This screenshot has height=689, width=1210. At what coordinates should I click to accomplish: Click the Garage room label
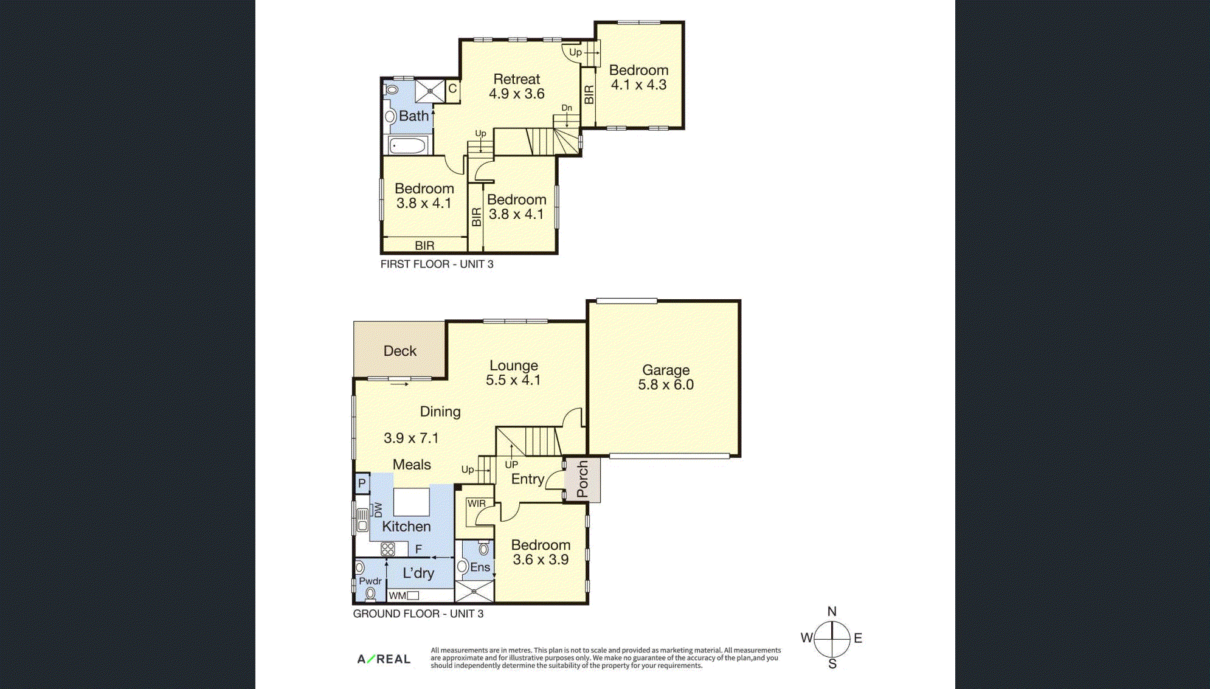click(666, 370)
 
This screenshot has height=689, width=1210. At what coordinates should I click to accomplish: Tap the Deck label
click(400, 351)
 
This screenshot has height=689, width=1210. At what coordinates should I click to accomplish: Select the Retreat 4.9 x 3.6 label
click(517, 86)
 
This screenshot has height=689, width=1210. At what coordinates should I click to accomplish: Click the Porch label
click(583, 479)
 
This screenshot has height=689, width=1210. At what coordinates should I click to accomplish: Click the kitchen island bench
click(412, 502)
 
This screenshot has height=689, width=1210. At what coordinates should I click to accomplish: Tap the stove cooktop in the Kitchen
click(388, 550)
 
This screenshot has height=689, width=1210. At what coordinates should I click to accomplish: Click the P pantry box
click(362, 483)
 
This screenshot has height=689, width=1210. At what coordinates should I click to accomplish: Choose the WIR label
click(477, 504)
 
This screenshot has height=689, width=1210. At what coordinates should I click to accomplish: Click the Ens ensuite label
click(480, 567)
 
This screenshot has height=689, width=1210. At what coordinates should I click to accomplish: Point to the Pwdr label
click(370, 581)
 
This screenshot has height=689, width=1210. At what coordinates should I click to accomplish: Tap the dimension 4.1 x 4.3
click(639, 85)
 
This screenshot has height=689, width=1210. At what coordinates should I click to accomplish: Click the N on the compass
click(832, 611)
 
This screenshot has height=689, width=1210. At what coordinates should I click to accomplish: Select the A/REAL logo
click(384, 659)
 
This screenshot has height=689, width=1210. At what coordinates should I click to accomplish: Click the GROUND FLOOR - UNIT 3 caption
click(418, 614)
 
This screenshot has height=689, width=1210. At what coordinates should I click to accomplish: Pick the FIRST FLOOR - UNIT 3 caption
click(437, 264)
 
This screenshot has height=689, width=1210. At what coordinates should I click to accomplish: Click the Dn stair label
click(567, 108)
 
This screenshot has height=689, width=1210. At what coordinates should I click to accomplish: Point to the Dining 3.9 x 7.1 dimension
click(411, 438)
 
